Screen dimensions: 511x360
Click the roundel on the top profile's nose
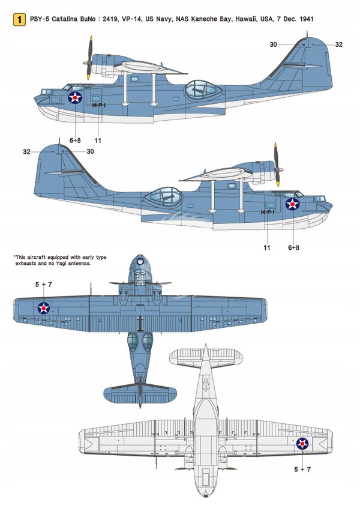(75, 97)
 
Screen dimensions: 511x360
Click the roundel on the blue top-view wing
(44, 308)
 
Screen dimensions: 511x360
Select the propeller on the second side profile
(276, 165)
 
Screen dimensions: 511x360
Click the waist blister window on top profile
(201, 90)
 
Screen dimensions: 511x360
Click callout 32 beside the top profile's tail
(338, 44)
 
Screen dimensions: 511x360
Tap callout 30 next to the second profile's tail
(90, 151)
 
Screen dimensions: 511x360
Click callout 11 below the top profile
(98, 140)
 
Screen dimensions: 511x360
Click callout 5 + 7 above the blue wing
(43, 284)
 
